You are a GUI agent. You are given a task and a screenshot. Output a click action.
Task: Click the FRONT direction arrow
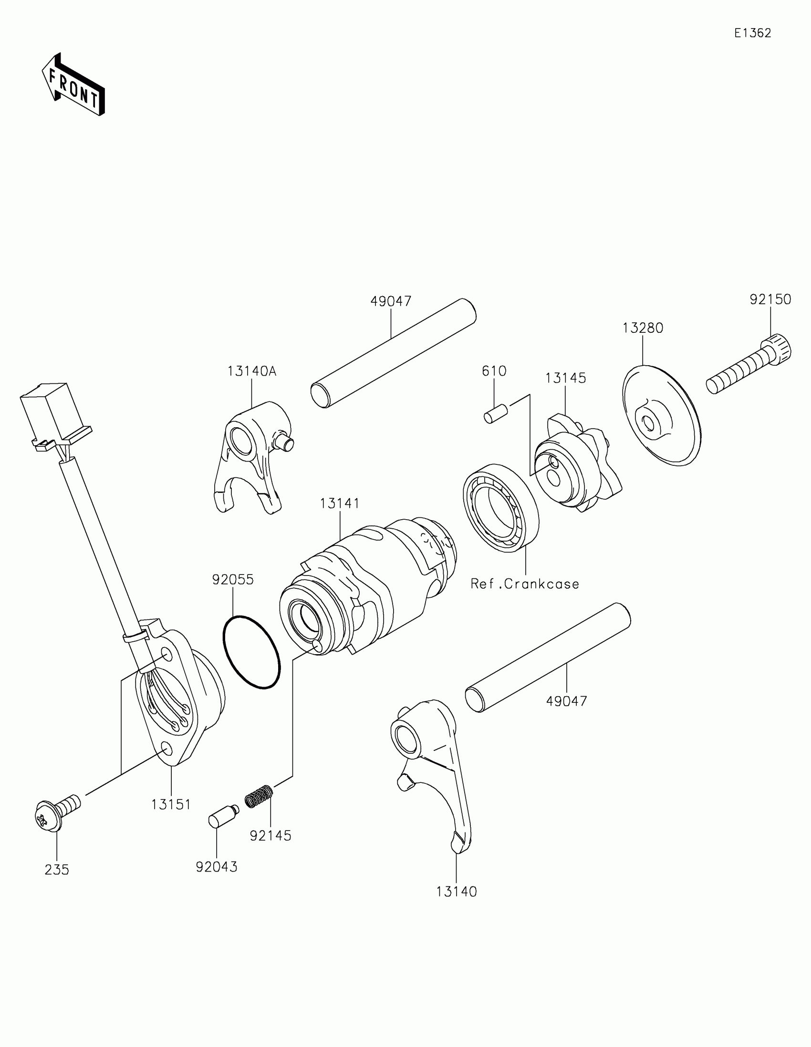click(x=73, y=84)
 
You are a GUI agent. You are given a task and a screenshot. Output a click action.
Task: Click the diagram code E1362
click(x=752, y=33)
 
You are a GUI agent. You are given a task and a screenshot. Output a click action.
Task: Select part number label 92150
click(x=770, y=299)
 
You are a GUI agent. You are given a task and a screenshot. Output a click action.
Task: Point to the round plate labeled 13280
click(x=662, y=415)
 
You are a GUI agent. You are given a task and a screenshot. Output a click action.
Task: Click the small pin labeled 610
click(x=495, y=413)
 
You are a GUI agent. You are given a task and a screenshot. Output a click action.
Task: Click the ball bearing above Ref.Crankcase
click(x=501, y=508)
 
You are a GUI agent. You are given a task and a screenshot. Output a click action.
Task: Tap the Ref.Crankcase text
click(x=525, y=584)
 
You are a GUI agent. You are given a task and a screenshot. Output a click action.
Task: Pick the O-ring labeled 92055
click(x=251, y=652)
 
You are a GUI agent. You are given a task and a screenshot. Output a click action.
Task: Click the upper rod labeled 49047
click(x=393, y=353)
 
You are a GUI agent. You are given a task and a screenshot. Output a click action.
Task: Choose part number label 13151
click(x=171, y=805)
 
